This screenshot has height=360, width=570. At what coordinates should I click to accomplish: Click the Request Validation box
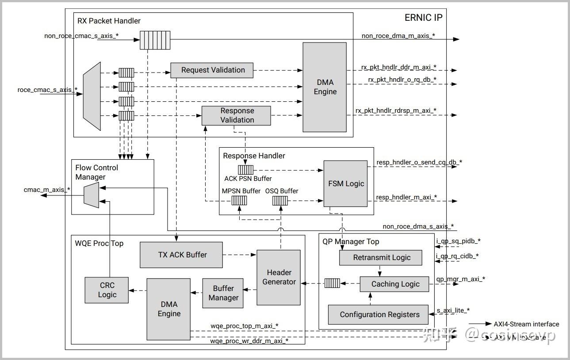[x=213, y=70]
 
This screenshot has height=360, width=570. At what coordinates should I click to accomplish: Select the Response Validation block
[x=237, y=115]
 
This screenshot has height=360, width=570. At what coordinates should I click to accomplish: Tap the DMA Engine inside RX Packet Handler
[x=325, y=87]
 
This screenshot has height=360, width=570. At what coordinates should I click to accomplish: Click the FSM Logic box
[x=345, y=184]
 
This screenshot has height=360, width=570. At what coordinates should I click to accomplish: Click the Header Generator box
[x=279, y=277]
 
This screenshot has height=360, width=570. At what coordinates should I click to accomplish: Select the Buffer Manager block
[x=223, y=293]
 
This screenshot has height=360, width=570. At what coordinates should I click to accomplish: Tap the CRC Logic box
[x=107, y=290]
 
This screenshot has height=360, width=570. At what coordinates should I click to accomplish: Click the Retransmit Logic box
[x=381, y=257]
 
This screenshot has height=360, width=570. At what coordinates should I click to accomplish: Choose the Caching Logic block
[x=394, y=284]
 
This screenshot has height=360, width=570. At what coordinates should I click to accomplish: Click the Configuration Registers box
[x=379, y=314]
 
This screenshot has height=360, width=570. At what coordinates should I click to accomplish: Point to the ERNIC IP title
[x=423, y=18]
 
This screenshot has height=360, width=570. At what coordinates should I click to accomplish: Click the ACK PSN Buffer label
[x=248, y=179]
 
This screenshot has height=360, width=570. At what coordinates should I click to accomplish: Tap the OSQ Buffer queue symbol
[x=280, y=201]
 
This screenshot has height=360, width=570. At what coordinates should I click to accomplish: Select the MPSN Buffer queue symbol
[x=239, y=201]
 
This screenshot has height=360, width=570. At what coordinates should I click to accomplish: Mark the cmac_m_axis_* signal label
[x=46, y=190]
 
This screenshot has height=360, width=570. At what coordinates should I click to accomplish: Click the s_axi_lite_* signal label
[x=453, y=310]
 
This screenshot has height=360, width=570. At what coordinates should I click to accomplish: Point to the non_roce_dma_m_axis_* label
[x=398, y=36]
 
